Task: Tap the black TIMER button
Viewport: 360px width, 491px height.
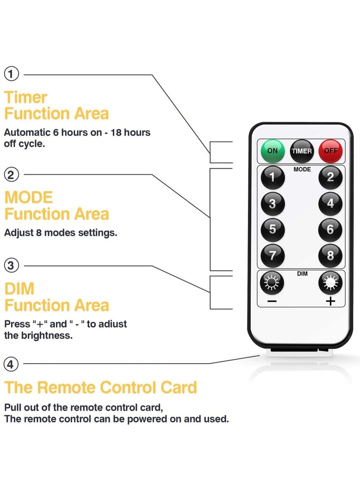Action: (x=301, y=151)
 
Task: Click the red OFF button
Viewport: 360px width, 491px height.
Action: (x=330, y=151)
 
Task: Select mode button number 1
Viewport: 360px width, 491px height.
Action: (x=272, y=177)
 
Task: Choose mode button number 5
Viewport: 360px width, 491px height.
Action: (x=272, y=229)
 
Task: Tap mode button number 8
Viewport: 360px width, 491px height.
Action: (x=330, y=256)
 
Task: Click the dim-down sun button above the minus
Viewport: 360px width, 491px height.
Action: (x=272, y=283)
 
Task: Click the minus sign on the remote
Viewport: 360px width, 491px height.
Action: (x=272, y=301)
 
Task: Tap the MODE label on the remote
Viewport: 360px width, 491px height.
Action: (x=302, y=170)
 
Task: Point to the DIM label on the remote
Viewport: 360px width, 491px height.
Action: (x=302, y=274)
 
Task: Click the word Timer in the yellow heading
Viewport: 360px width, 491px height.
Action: (x=26, y=97)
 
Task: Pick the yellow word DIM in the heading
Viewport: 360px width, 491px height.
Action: (x=19, y=288)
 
